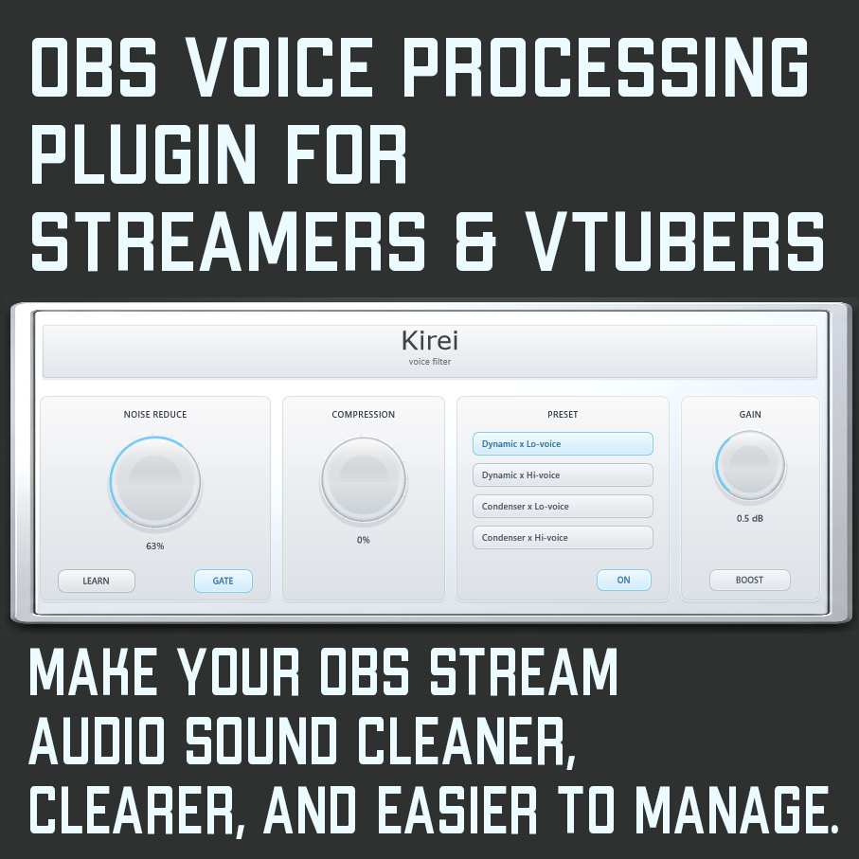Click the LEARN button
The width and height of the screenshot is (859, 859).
pyautogui.click(x=97, y=581)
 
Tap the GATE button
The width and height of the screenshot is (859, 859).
pyautogui.click(x=223, y=581)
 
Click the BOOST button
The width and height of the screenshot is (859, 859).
pyautogui.click(x=749, y=580)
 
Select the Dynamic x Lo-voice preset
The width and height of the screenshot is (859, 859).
pyautogui.click(x=563, y=444)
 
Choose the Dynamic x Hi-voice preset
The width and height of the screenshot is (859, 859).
pyautogui.click(x=563, y=475)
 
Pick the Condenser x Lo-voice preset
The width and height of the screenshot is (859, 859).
pyautogui.click(x=563, y=506)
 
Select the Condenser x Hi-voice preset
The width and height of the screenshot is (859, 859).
pyautogui.click(x=563, y=537)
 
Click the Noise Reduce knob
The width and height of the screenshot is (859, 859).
pyautogui.click(x=155, y=482)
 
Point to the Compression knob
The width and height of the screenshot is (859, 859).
pyautogui.click(x=364, y=479)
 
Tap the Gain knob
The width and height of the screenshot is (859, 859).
pyautogui.click(x=750, y=465)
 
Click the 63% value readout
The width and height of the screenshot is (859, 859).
pyautogui.click(x=155, y=546)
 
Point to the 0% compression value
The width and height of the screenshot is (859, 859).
pyautogui.click(x=364, y=540)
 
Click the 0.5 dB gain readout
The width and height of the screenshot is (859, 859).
pyautogui.click(x=749, y=518)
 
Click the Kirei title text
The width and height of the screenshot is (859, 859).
pyautogui.click(x=430, y=340)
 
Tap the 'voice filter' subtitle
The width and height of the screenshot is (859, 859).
pyautogui.click(x=430, y=362)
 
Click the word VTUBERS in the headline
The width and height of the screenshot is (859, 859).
pyautogui.click(x=674, y=242)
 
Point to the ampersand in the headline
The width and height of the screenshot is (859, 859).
pyautogui.click(x=475, y=242)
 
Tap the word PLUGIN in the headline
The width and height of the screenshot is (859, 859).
pyautogui.click(x=144, y=154)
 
